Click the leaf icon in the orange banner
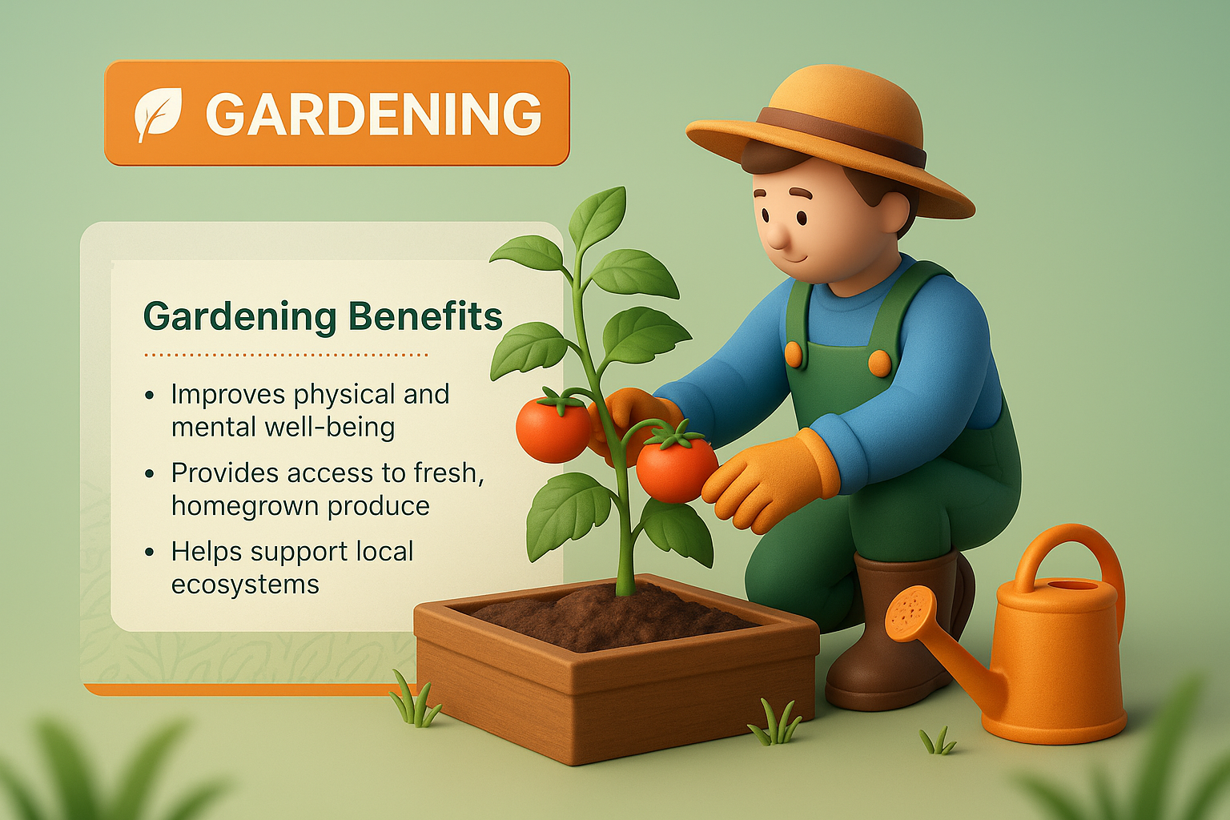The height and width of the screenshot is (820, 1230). [158, 114]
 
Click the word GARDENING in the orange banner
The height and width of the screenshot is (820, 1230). [373, 114]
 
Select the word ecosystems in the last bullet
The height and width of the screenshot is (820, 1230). [245, 585]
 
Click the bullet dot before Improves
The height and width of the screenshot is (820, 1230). [150, 396]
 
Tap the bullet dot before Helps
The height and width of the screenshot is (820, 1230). [150, 553]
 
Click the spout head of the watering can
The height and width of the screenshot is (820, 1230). [910, 613]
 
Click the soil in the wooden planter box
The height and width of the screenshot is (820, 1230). [609, 617]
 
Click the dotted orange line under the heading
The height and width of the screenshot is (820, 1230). [285, 354]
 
